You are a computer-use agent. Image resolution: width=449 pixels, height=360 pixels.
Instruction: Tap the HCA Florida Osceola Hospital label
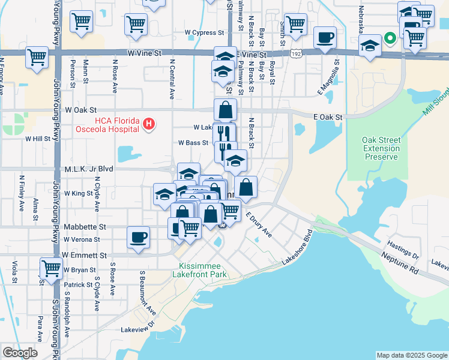pyautogui.click(x=107, y=125)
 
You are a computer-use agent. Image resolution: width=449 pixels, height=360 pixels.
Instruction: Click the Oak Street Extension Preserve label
pyautogui.click(x=381, y=148)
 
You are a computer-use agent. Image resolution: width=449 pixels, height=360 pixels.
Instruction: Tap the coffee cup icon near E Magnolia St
pyautogui.click(x=325, y=37)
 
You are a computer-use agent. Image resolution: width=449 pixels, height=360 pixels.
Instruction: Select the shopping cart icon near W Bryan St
pyautogui.click(x=50, y=268)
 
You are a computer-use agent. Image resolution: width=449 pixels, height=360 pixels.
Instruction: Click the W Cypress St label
pyautogui.click(x=204, y=32)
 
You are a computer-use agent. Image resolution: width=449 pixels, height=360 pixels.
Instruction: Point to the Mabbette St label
pyautogui.click(x=85, y=227)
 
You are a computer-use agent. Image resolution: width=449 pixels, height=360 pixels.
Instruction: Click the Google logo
pyautogui.click(x=20, y=353)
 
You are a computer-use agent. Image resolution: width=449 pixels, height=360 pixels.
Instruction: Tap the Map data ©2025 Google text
pyautogui.click(x=411, y=355)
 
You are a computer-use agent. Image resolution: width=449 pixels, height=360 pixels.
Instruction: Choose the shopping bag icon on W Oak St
pyautogui.click(x=225, y=110)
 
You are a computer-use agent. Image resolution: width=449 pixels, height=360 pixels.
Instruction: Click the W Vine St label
pyautogui.click(x=145, y=53)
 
